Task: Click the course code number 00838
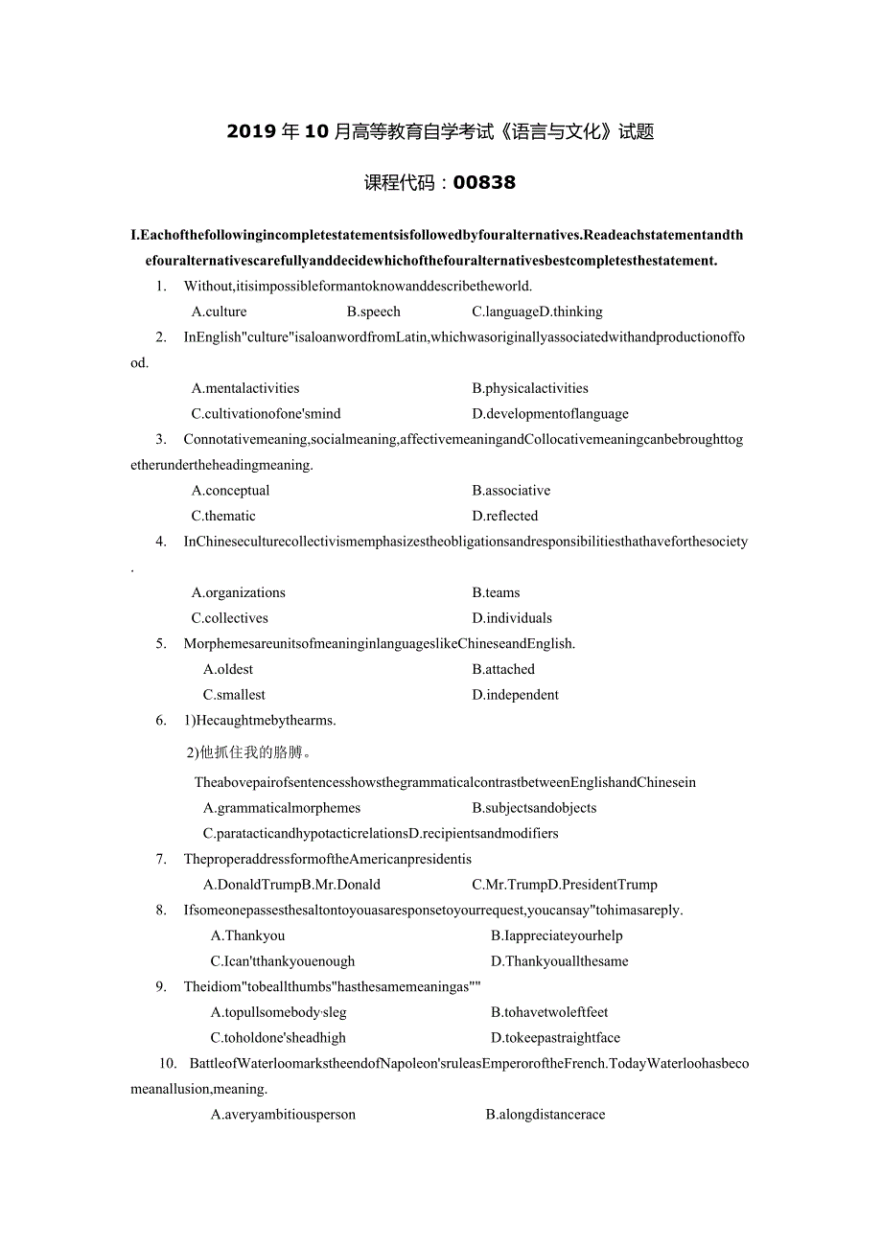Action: [484, 182]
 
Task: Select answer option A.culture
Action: [219, 312]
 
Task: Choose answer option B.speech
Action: [374, 312]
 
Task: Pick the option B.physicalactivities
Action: [530, 388]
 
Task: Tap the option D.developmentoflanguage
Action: [550, 414]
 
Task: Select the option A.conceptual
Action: [230, 491]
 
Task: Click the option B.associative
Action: [511, 491]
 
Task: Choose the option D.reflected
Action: [505, 516]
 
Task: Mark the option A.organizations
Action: [238, 592]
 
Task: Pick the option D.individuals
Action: [512, 618]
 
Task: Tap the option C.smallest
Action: [234, 695]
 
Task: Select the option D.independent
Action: [515, 695]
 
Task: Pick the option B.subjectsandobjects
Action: [534, 808]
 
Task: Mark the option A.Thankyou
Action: [247, 935]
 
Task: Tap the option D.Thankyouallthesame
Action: [560, 961]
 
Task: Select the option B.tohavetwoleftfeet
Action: [549, 1012]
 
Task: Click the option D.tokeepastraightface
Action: [555, 1038]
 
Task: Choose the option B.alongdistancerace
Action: [545, 1115]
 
